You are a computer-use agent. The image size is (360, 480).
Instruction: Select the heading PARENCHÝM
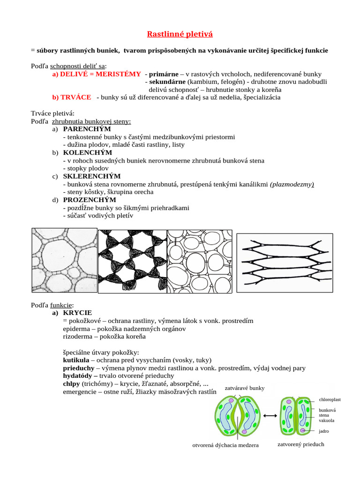[x=87, y=129]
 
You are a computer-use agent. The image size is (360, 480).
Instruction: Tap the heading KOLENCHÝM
[x=88, y=152]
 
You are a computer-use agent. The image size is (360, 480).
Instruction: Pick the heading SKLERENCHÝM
[x=92, y=176]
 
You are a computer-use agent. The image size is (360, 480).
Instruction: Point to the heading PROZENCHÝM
[x=90, y=200]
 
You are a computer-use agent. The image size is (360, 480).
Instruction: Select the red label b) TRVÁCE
[x=72, y=97]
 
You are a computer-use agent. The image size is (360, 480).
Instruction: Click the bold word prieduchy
[x=79, y=368]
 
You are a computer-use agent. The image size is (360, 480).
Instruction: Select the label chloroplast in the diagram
[x=330, y=400]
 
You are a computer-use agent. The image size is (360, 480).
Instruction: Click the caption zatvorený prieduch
[x=300, y=444]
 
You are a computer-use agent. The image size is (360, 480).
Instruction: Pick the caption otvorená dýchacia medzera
[x=225, y=445]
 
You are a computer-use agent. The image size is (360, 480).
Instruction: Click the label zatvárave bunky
[x=245, y=388]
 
